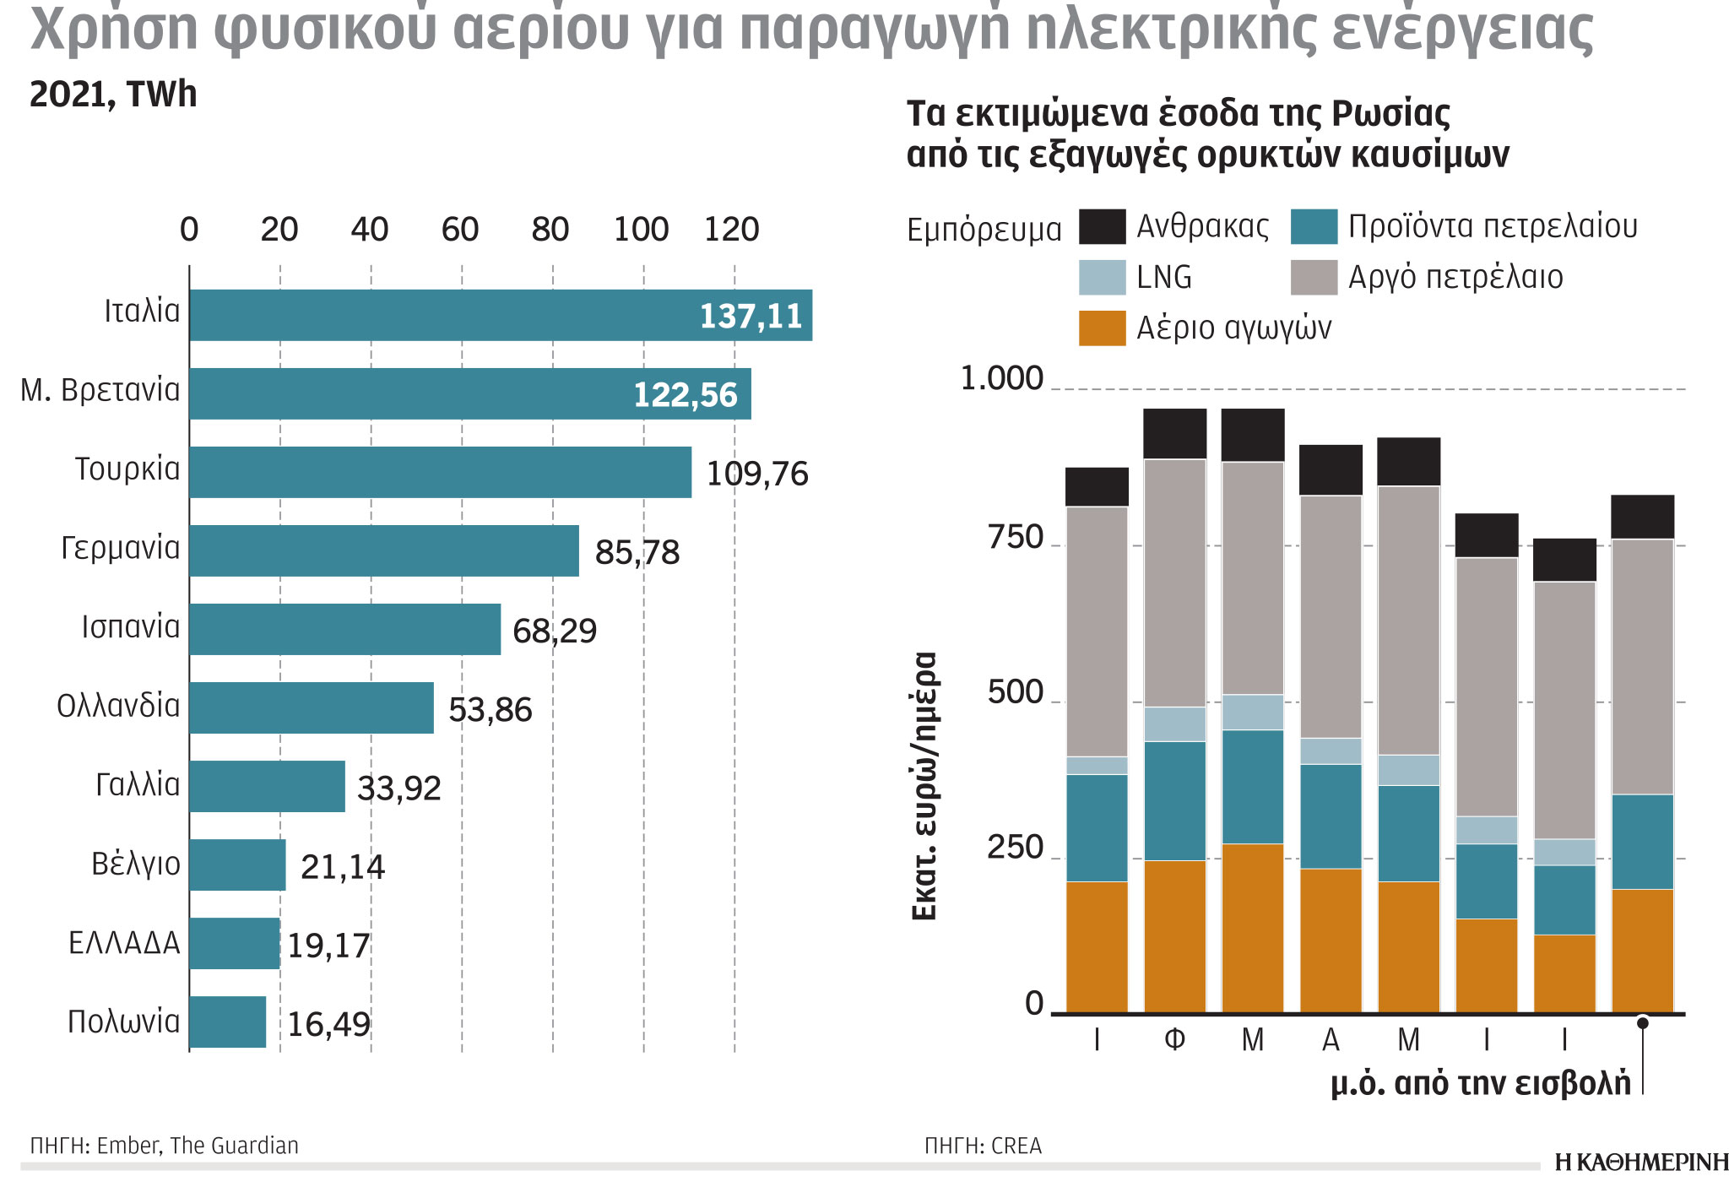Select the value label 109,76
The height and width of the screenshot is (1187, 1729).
(756, 474)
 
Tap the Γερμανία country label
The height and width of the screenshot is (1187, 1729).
(121, 549)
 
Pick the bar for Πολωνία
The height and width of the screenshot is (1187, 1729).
(227, 1022)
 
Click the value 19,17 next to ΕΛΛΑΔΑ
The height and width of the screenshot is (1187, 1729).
(328, 946)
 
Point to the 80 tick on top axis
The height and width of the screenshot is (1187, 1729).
(550, 230)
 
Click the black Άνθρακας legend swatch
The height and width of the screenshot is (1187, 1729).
(1102, 227)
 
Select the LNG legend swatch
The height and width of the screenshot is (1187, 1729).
(1102, 278)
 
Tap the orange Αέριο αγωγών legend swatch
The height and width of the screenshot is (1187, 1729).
(1102, 328)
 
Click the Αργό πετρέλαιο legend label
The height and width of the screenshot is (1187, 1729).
(1455, 278)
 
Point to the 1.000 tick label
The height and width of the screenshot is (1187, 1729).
(1002, 379)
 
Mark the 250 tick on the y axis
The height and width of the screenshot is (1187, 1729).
(1015, 848)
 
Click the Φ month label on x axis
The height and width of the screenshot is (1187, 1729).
(1174, 1040)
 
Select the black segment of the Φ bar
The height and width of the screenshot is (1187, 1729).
(1174, 433)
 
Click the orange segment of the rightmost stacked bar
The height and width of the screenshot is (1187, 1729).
(1642, 950)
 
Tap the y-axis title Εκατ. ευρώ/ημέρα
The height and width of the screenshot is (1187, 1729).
(925, 785)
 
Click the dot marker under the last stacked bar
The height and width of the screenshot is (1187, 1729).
(1642, 1023)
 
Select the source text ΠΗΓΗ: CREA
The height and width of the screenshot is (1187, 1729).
(983, 1146)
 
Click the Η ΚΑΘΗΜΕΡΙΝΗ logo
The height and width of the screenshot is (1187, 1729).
(1640, 1163)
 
